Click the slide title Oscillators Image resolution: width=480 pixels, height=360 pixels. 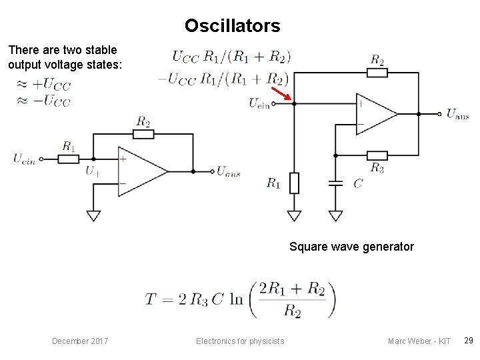click(x=233, y=26)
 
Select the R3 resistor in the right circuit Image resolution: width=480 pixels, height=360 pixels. click(x=377, y=155)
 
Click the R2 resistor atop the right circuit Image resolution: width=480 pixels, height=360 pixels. click(x=377, y=72)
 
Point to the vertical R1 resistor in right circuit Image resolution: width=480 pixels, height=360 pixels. click(x=294, y=182)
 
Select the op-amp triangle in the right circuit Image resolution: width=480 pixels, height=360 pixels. click(x=375, y=114)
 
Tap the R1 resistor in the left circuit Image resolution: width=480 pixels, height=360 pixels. click(x=68, y=159)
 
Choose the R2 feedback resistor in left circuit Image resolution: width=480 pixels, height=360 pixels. click(x=143, y=134)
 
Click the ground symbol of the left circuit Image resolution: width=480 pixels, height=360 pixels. click(x=93, y=215)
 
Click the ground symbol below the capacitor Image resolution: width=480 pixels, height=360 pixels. click(x=337, y=215)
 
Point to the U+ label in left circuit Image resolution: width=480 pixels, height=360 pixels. click(x=93, y=171)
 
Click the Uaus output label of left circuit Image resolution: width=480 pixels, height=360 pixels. click(x=228, y=172)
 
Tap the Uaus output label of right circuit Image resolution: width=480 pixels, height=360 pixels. click(x=457, y=115)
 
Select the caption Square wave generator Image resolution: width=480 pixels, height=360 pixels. click(x=351, y=247)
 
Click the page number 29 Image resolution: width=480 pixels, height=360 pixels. click(x=468, y=341)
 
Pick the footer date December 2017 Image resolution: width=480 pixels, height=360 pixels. click(x=81, y=341)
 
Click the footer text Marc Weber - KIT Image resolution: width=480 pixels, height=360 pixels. click(x=419, y=341)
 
